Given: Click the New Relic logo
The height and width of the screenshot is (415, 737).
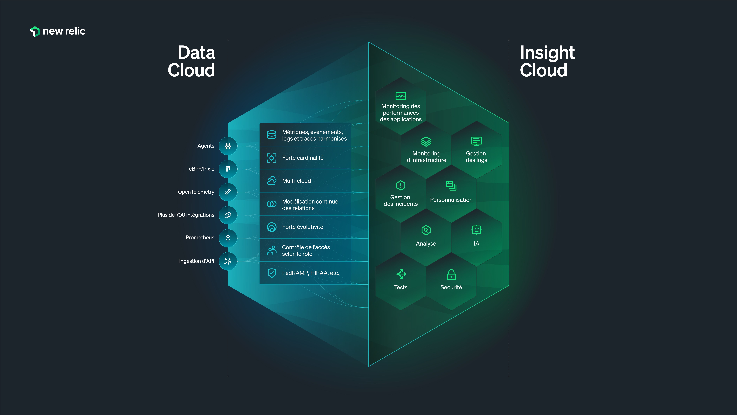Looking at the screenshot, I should (x=58, y=31).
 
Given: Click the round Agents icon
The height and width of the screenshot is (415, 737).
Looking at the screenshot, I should (x=228, y=146).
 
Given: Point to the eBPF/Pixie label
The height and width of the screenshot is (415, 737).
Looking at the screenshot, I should (x=201, y=169).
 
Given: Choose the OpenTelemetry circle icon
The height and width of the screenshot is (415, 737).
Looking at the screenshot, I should (x=228, y=192).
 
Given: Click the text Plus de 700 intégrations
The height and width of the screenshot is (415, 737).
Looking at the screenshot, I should (x=186, y=215).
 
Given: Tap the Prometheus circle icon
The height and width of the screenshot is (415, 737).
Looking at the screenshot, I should (x=228, y=238).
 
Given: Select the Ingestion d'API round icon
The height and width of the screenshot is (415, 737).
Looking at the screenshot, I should (x=228, y=261).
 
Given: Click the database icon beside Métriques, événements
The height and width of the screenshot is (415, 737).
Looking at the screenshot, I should (x=272, y=135).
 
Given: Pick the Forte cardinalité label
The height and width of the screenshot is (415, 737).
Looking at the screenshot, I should (x=303, y=158).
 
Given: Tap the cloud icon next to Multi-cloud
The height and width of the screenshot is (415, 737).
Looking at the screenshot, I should (x=272, y=181).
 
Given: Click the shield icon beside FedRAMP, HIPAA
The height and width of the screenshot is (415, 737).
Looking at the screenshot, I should (x=272, y=273).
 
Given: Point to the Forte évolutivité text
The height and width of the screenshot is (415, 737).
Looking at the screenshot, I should (x=302, y=227).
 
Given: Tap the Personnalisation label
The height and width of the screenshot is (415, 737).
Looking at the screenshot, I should (x=451, y=200).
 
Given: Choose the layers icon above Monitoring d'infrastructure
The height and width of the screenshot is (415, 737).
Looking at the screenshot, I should (x=426, y=141).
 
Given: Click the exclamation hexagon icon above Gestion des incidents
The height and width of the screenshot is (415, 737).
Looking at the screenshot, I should (x=401, y=185).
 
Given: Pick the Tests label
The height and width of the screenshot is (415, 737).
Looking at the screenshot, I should (x=401, y=287).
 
